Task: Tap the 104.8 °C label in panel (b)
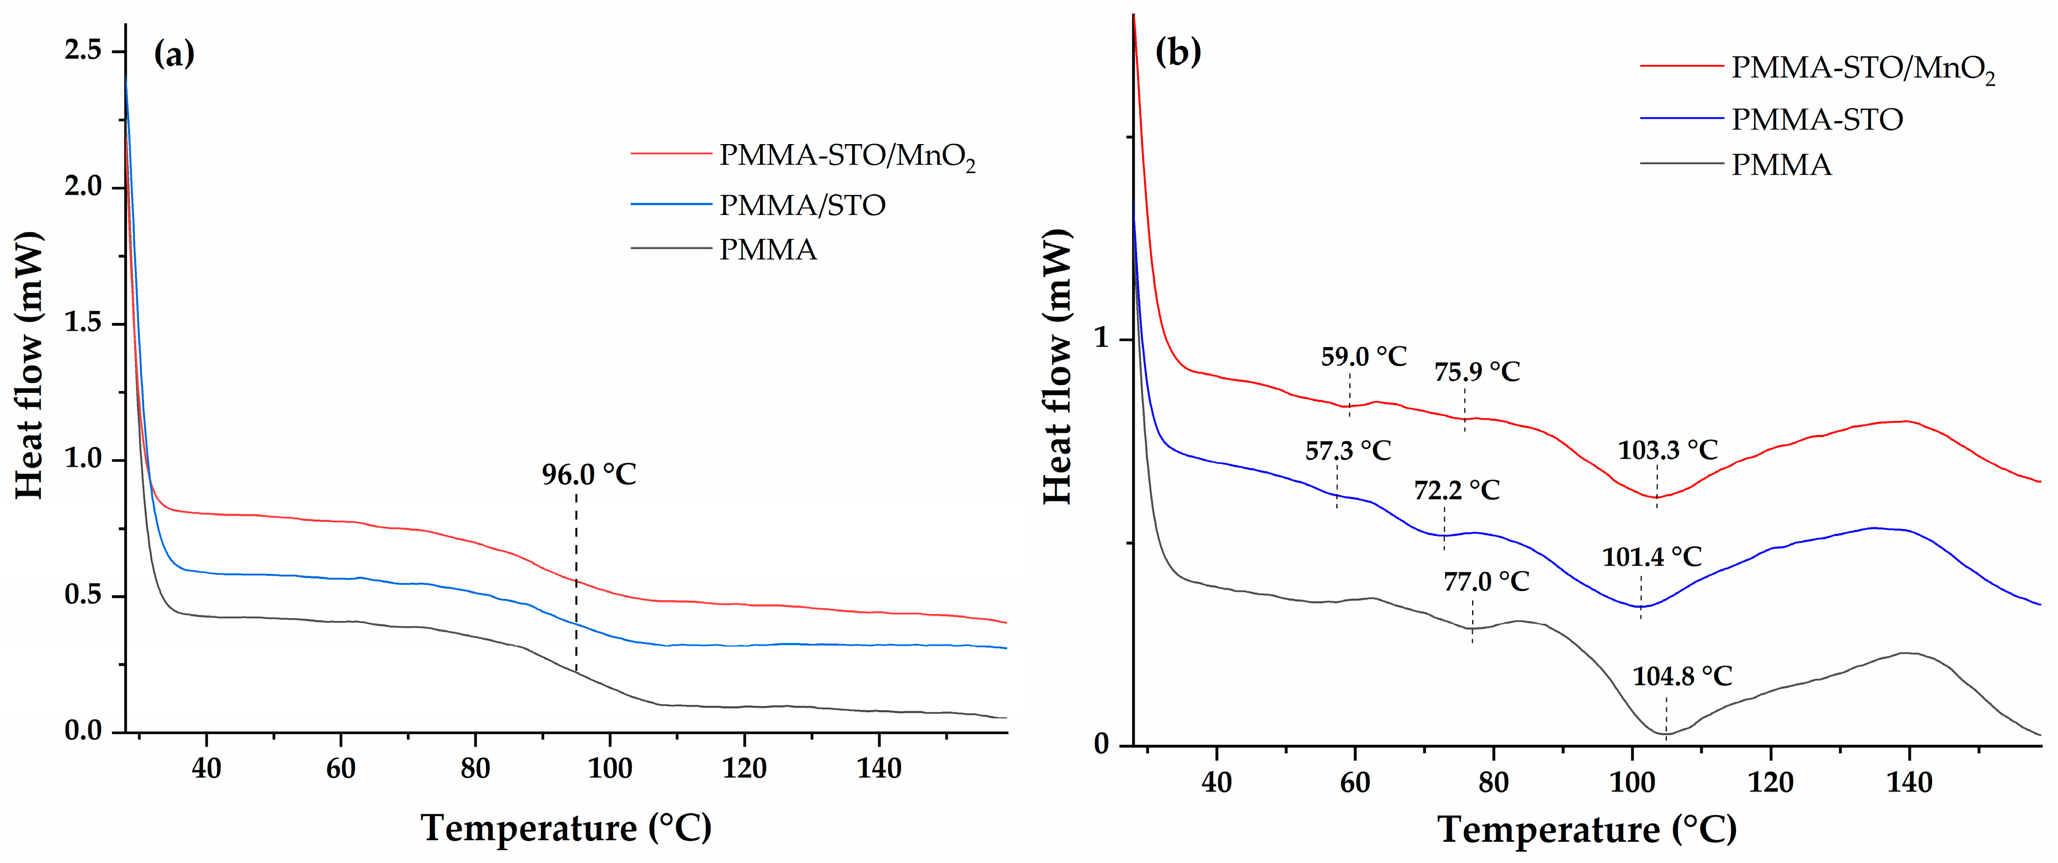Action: click(1682, 677)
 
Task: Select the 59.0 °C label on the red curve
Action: click(1363, 356)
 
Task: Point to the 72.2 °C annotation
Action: click(1457, 490)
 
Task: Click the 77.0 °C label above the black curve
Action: click(1486, 582)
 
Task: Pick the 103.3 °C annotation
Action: click(1667, 450)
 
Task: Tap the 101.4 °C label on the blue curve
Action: click(1651, 557)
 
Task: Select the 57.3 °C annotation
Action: click(1348, 450)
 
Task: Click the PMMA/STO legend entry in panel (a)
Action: click(802, 205)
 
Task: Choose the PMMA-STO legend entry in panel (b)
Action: click(1817, 120)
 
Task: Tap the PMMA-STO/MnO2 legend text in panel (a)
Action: click(847, 155)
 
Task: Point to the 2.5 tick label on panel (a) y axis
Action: click(83, 51)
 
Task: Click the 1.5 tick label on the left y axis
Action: click(83, 324)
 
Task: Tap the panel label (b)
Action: click(1178, 53)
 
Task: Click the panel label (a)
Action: click(173, 54)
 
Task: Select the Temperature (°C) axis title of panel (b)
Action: click(1587, 829)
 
